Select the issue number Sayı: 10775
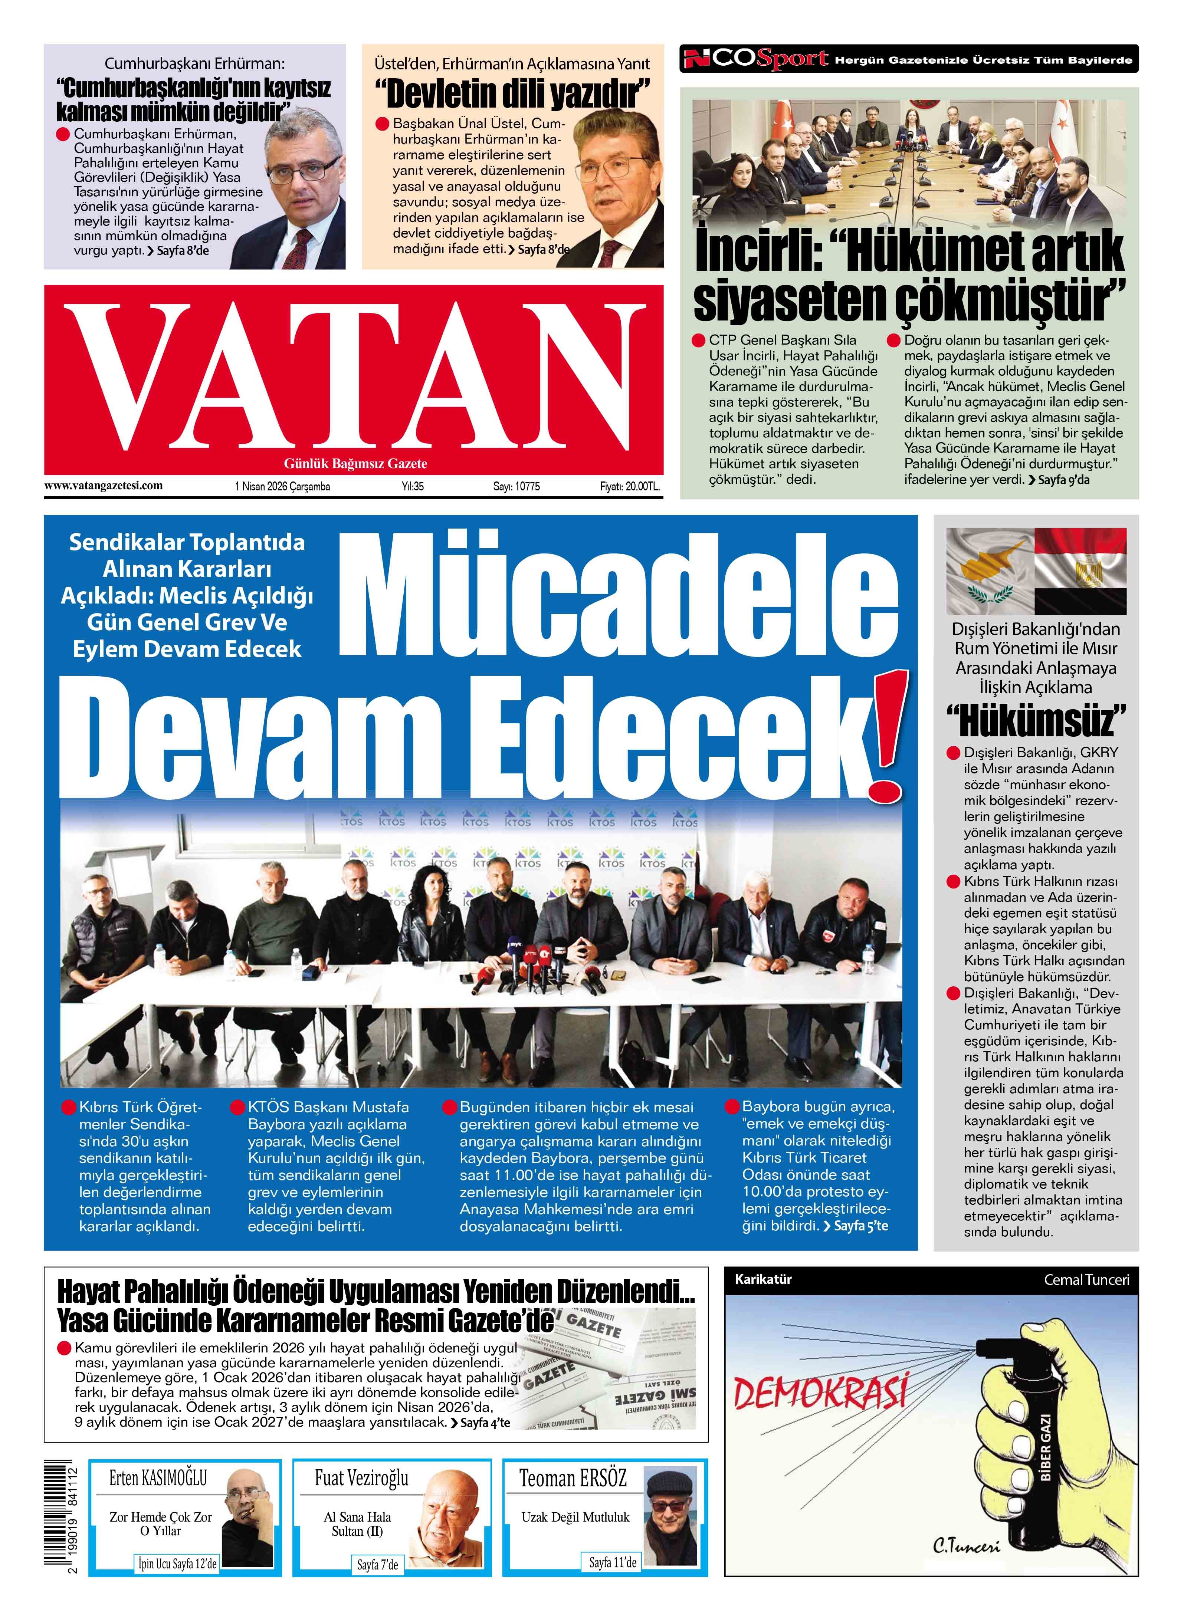(x=516, y=486)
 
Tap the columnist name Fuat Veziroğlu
(x=361, y=1477)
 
